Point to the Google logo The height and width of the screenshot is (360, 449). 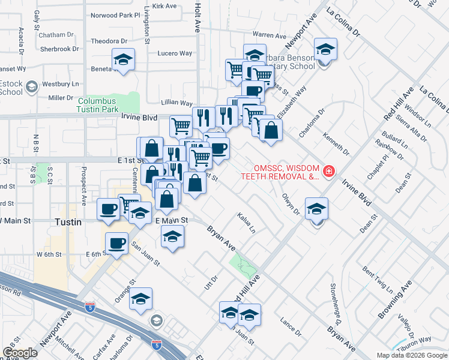click(20, 353)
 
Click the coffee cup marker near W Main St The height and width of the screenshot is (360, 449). click(109, 209)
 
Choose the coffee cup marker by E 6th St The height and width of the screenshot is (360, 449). click(116, 243)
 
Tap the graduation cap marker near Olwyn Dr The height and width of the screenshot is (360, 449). click(316, 208)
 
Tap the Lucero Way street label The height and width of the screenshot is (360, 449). click(175, 53)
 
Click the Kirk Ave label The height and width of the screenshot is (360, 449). click(164, 6)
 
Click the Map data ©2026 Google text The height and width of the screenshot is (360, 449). click(412, 355)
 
